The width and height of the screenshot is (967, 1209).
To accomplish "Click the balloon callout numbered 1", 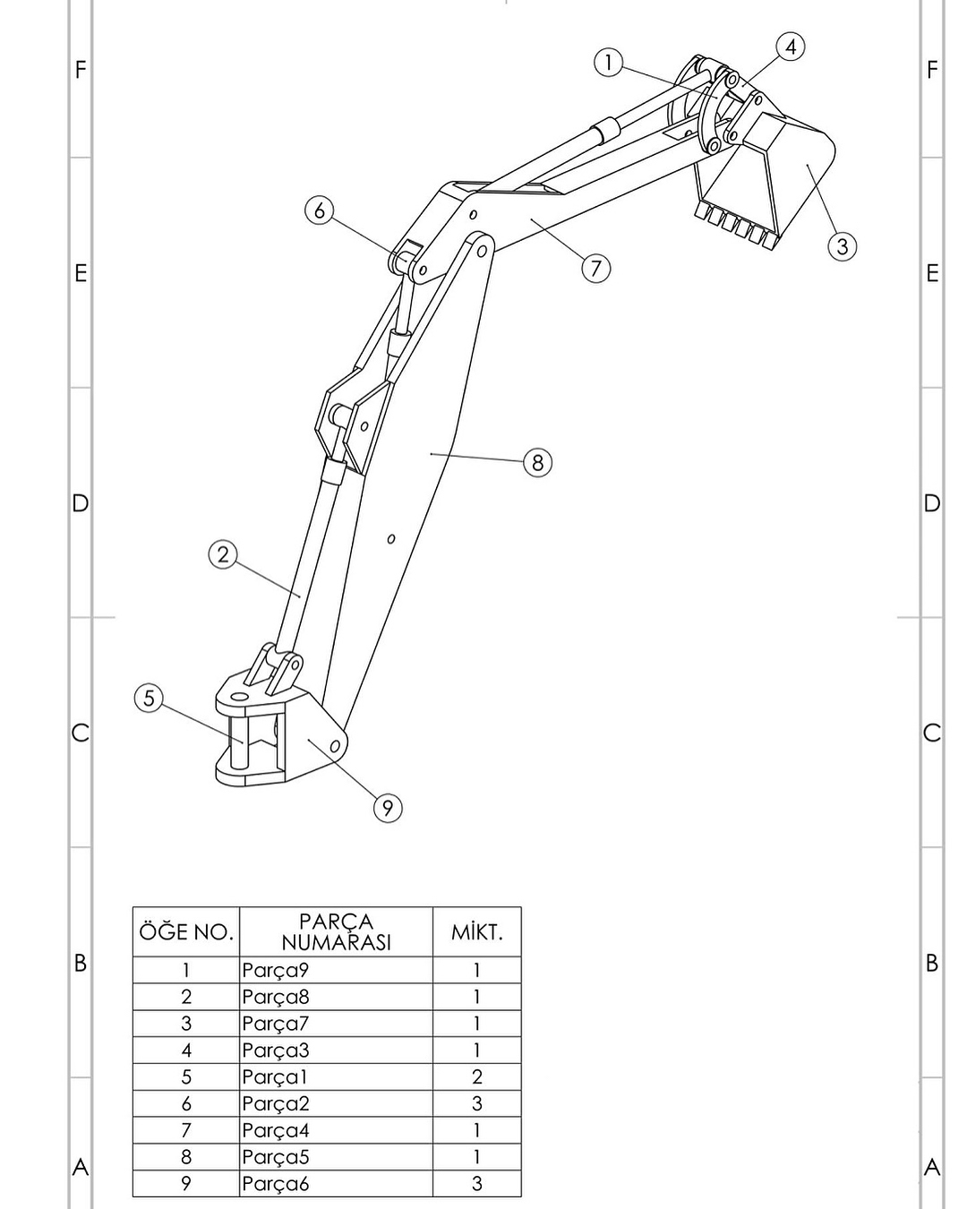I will [x=608, y=63].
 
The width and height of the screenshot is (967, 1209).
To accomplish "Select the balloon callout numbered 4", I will [x=790, y=47].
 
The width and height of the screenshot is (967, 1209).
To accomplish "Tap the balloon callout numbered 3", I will [x=842, y=245].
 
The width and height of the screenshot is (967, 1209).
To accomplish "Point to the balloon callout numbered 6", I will [x=320, y=210].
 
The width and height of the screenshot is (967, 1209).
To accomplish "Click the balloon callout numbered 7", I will [x=596, y=268].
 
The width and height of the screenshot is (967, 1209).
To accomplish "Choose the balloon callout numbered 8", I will [x=537, y=462].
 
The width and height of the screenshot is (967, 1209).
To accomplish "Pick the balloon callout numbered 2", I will [x=223, y=554].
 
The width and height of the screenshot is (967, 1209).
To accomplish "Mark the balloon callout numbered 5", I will [x=150, y=698].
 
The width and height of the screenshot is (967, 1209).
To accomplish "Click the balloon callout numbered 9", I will [x=387, y=808].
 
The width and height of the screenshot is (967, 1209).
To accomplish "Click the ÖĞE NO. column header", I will [x=186, y=932].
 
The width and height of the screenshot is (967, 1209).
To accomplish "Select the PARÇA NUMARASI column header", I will [x=336, y=932].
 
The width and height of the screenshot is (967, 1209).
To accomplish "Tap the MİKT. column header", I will [x=476, y=932].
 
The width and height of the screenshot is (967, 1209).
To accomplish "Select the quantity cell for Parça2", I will [x=476, y=1103].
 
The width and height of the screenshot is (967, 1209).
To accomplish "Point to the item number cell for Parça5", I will [x=186, y=1157].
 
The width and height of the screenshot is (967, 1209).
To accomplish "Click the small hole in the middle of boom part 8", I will [x=391, y=539].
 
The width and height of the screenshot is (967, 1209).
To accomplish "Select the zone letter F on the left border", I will [x=81, y=70].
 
